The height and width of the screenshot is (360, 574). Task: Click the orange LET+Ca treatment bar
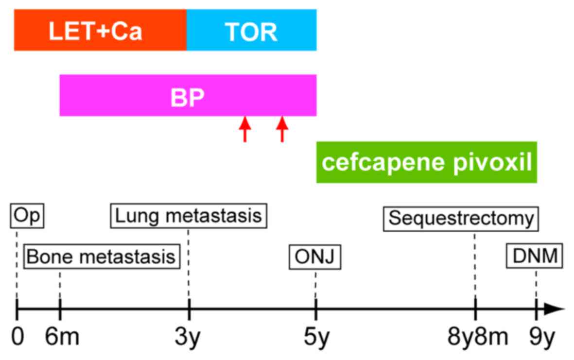(100, 30)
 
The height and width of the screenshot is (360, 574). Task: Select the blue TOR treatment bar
(251, 30)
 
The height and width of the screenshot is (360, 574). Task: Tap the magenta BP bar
(188, 95)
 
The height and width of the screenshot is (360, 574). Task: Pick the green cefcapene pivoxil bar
(426, 162)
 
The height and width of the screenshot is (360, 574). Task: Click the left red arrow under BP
(245, 129)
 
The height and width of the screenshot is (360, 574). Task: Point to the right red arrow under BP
(282, 129)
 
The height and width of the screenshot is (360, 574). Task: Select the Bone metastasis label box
(101, 256)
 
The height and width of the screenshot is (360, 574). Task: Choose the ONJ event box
(315, 257)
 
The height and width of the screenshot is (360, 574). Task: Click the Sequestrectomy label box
(461, 218)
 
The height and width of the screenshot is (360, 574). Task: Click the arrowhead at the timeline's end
(557, 309)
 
